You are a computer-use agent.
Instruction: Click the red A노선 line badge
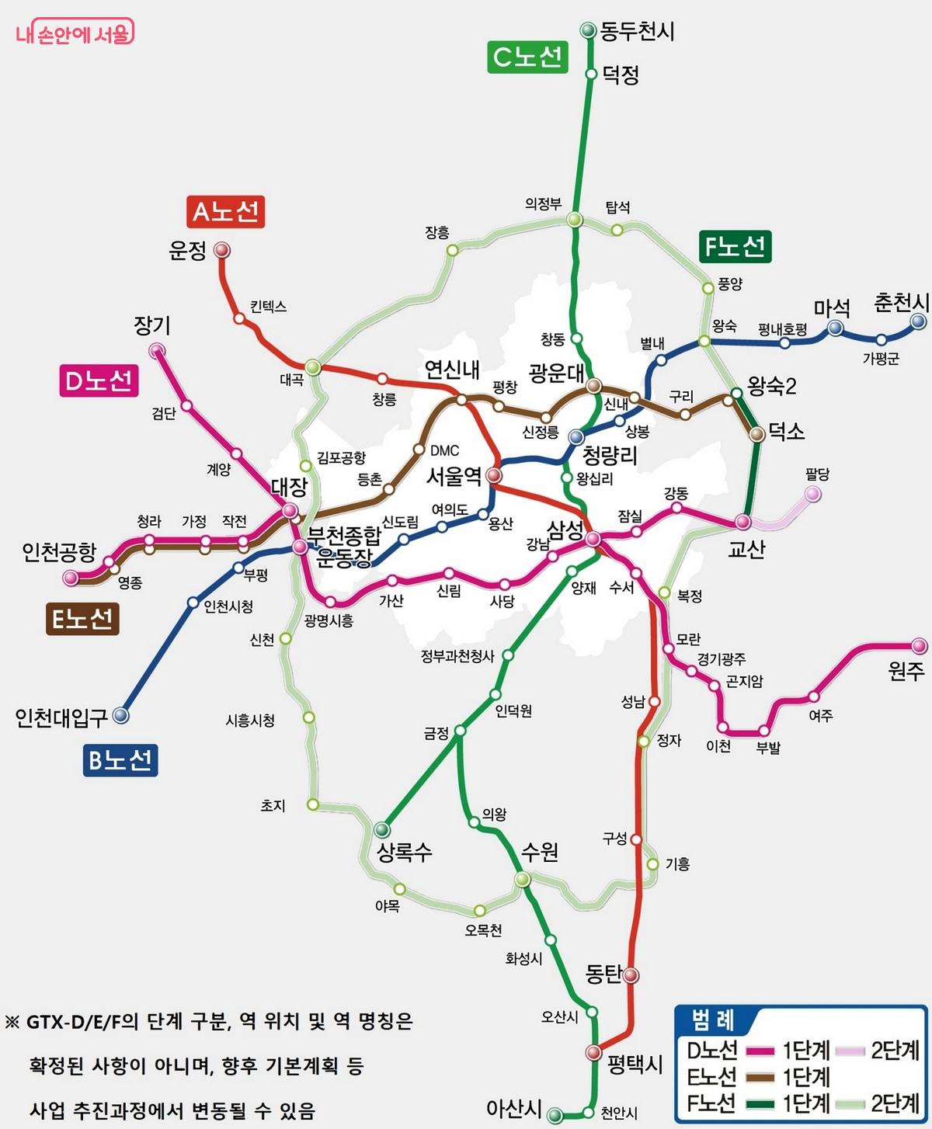pyautogui.click(x=225, y=211)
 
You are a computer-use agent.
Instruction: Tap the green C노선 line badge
pyautogui.click(x=527, y=57)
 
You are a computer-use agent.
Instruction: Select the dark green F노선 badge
pyautogui.click(x=734, y=247)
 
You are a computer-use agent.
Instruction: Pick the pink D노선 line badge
pyautogui.click(x=99, y=380)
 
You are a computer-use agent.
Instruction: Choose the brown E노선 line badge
pyautogui.click(x=82, y=619)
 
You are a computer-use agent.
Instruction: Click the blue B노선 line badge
pyautogui.click(x=120, y=759)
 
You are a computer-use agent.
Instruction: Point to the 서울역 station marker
pyautogui.click(x=494, y=475)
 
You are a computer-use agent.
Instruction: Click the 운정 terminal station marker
pyautogui.click(x=222, y=250)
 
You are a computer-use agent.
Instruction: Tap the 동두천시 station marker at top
pyautogui.click(x=588, y=30)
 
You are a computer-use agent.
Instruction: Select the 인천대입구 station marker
pyautogui.click(x=120, y=715)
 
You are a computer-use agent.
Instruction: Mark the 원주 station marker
pyautogui.click(x=919, y=645)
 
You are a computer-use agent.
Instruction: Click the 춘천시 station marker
pyautogui.click(x=919, y=321)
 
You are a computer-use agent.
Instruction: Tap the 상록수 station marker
pyautogui.click(x=381, y=829)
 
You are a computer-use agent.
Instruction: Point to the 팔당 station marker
pyautogui.click(x=812, y=494)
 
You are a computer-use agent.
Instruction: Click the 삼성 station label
pyautogui.click(x=565, y=530)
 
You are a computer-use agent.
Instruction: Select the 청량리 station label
pyautogui.click(x=610, y=456)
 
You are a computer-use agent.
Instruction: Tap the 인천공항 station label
pyautogui.click(x=59, y=552)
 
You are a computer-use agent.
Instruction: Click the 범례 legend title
pyautogui.click(x=712, y=1020)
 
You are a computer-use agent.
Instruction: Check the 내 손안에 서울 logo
pyautogui.click(x=75, y=34)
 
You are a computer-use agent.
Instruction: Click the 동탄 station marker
pyautogui.click(x=631, y=974)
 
